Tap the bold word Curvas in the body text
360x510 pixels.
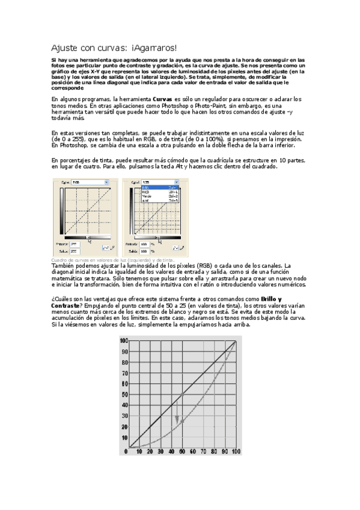(163, 99)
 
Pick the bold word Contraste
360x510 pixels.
(67, 304)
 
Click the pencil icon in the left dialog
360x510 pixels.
(112, 247)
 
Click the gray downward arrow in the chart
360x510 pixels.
(177, 419)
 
